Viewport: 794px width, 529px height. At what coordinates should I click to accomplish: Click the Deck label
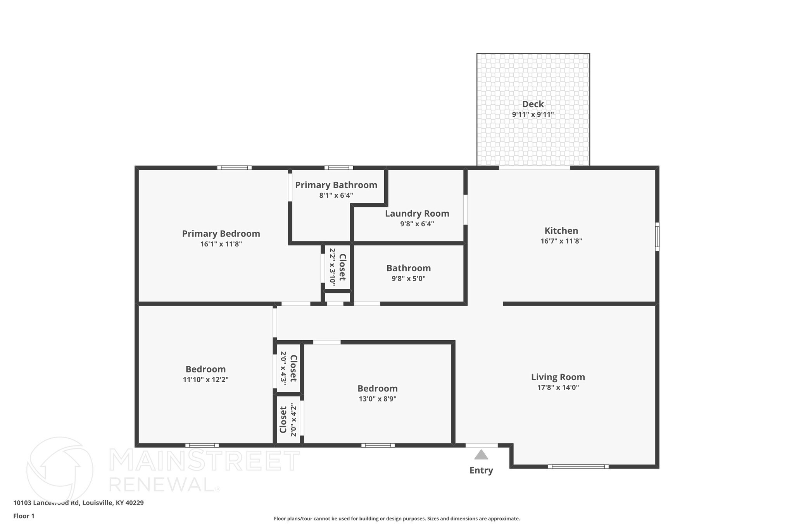(x=533, y=104)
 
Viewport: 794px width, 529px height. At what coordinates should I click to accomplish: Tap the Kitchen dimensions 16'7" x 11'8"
(x=561, y=241)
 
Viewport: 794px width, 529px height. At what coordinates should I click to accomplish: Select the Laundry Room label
(x=417, y=214)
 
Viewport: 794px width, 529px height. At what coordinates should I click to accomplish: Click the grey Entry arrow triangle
(x=481, y=455)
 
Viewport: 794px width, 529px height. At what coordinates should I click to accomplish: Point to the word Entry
(x=481, y=470)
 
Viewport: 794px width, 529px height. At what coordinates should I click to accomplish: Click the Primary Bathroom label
(x=336, y=185)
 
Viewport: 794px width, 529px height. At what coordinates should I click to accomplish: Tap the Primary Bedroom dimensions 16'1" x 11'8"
(x=221, y=244)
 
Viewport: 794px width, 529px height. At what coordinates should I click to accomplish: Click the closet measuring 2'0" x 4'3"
(x=288, y=368)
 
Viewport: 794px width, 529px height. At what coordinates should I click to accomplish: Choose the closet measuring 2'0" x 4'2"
(x=288, y=420)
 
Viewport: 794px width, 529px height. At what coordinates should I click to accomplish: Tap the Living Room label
(x=558, y=377)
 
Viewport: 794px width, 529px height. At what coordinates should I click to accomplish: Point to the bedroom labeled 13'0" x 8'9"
(x=377, y=393)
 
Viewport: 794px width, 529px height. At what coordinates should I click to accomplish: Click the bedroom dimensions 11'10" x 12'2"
(x=205, y=380)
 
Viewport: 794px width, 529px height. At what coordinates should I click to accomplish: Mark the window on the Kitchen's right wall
(x=657, y=236)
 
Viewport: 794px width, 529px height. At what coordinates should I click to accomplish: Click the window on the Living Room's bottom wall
(x=578, y=467)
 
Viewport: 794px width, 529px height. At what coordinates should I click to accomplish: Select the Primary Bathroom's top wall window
(x=338, y=168)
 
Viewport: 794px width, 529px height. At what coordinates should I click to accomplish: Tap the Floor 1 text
(x=24, y=516)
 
